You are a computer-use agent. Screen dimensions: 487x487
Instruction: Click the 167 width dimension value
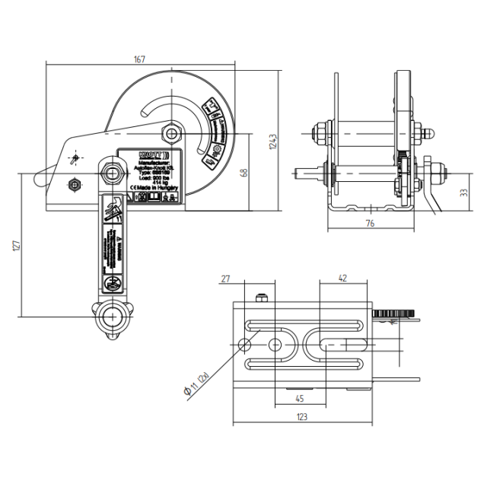tap(140, 60)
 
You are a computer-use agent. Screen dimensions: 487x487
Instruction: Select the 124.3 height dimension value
tap(272, 142)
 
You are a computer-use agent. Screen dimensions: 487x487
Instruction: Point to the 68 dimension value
tap(243, 172)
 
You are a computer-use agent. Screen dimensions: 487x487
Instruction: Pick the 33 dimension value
tap(463, 194)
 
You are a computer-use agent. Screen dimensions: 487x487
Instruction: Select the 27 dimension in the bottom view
tap(224, 279)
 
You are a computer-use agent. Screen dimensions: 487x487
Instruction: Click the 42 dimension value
tap(342, 279)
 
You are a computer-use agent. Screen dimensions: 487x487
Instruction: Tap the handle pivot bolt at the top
tap(113, 172)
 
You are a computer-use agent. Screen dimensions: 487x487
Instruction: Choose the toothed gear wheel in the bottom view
tap(394, 313)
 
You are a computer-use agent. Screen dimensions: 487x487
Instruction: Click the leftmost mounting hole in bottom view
tap(246, 345)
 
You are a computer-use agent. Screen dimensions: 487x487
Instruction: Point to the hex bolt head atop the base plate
tap(263, 298)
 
